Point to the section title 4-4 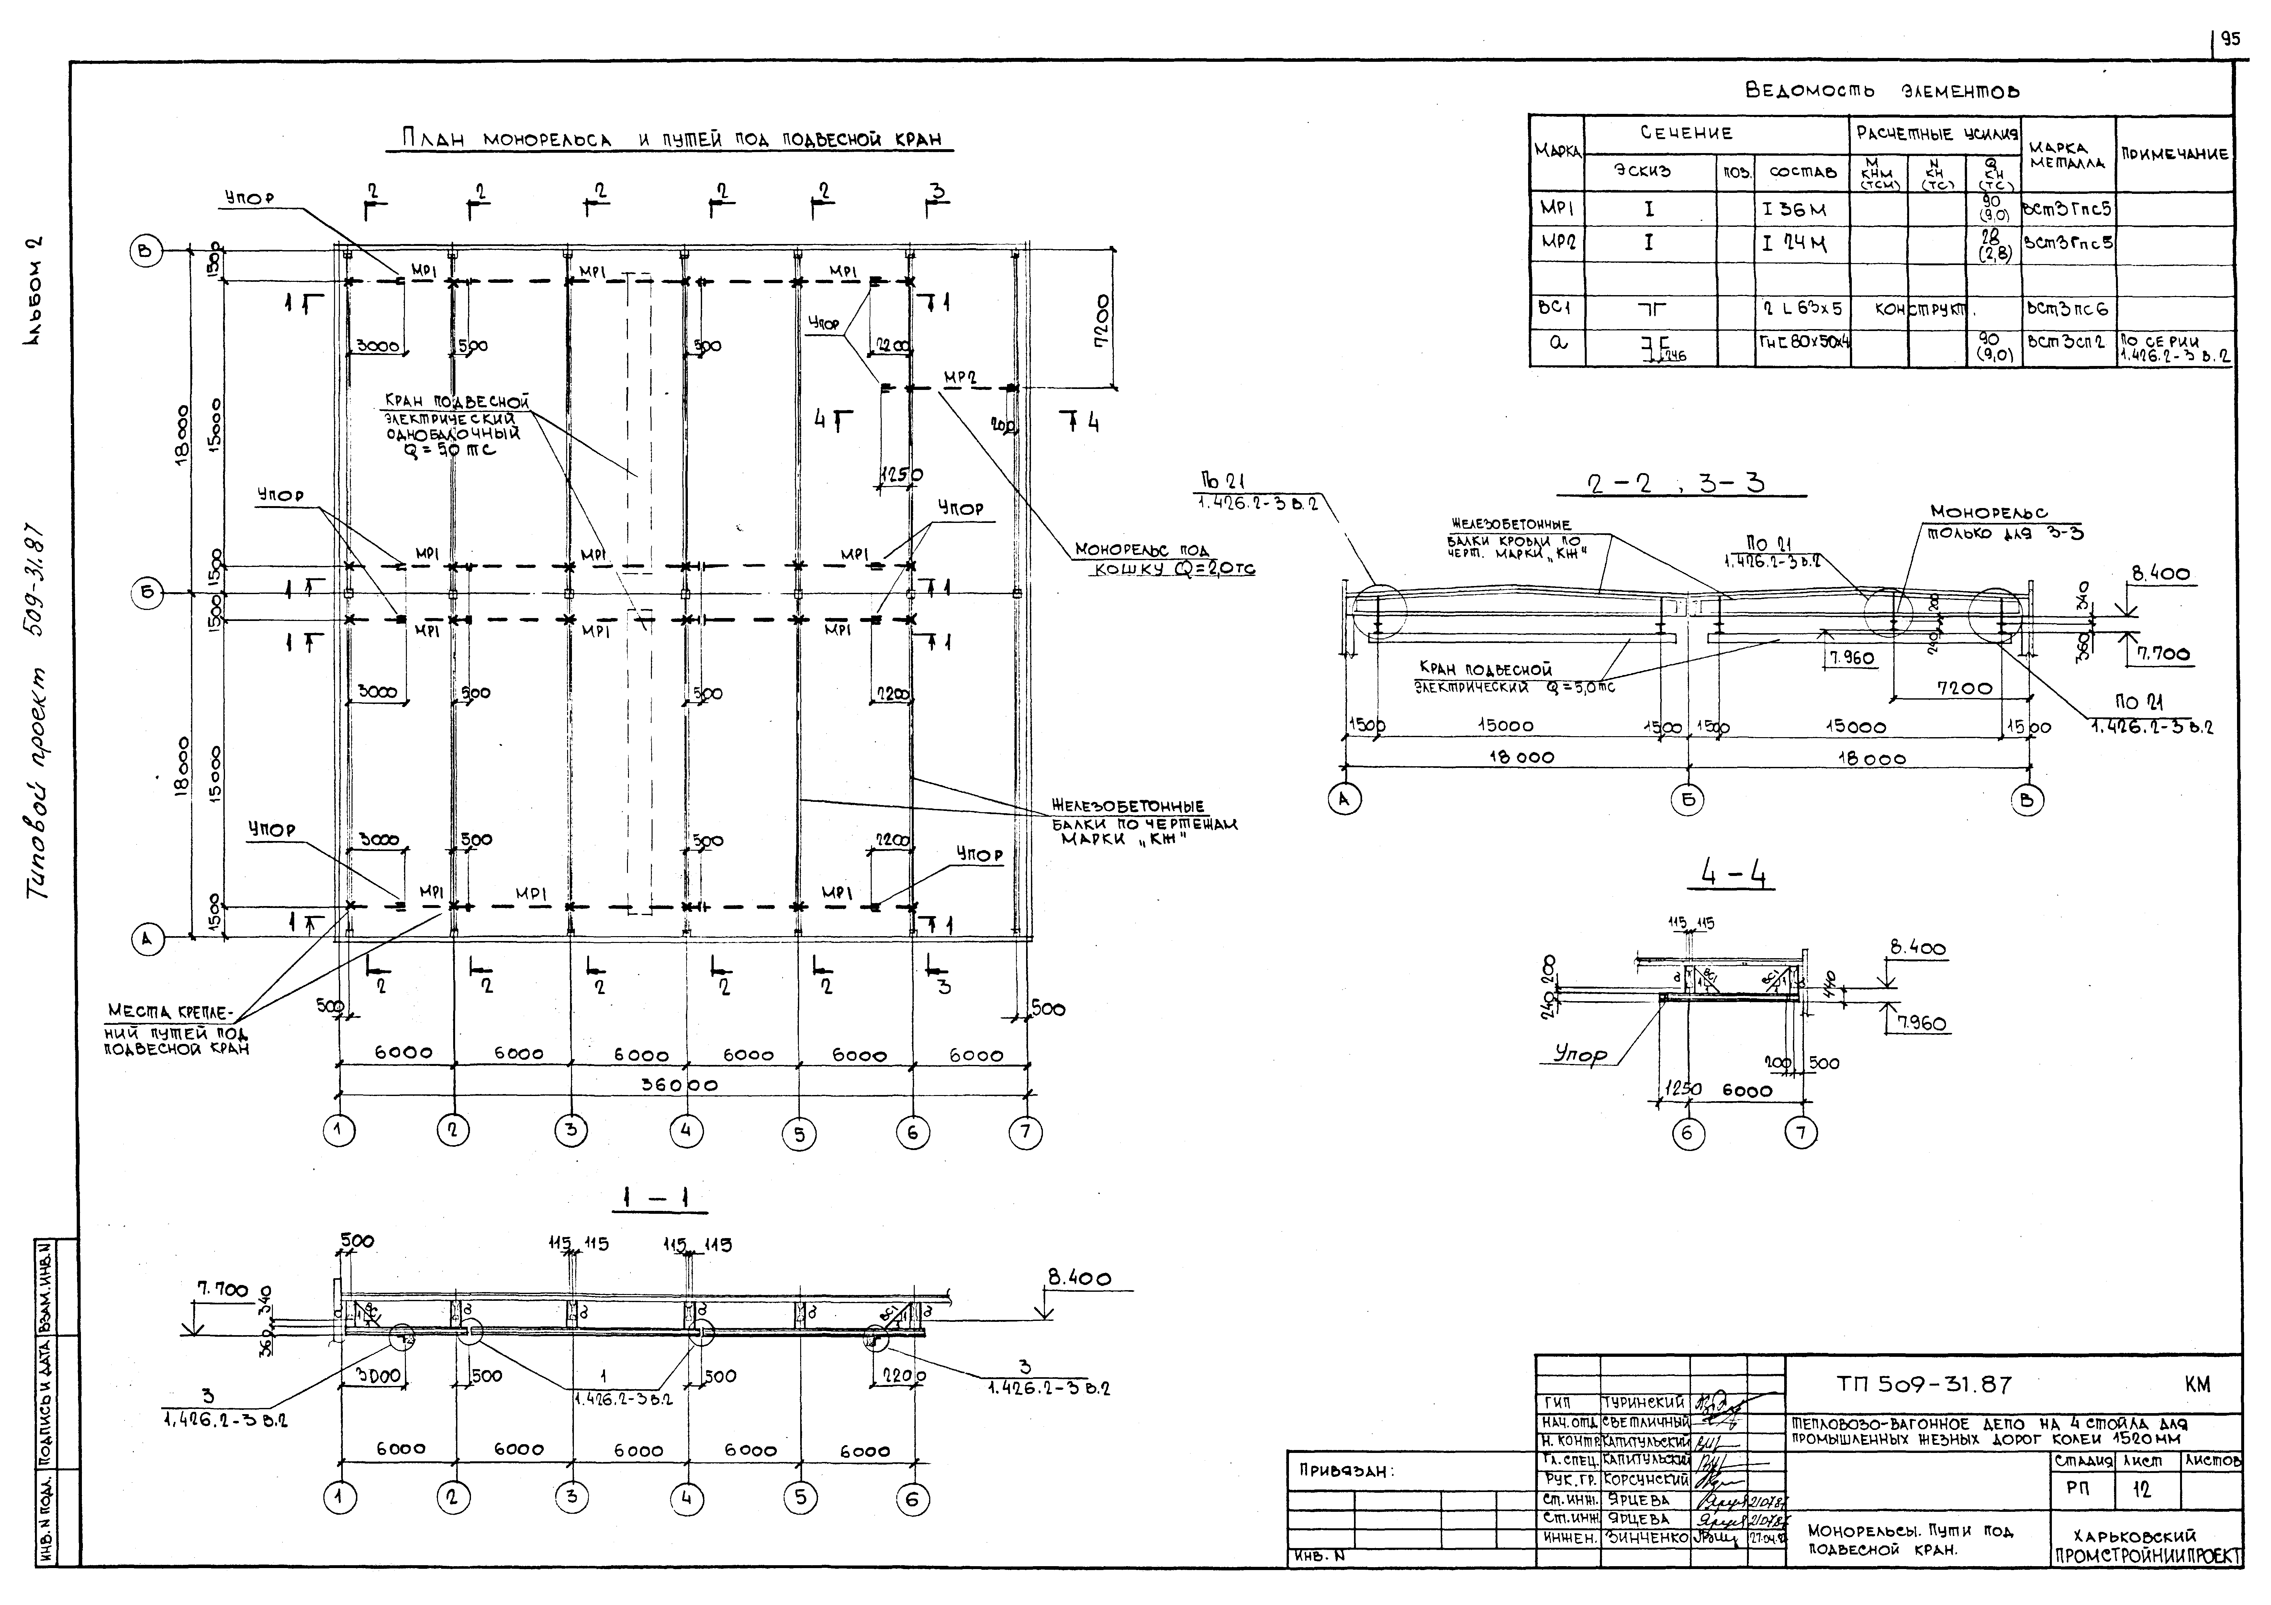[x=1733, y=872]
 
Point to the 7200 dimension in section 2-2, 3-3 [x=1963, y=688]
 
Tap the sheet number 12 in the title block [x=2142, y=1489]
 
